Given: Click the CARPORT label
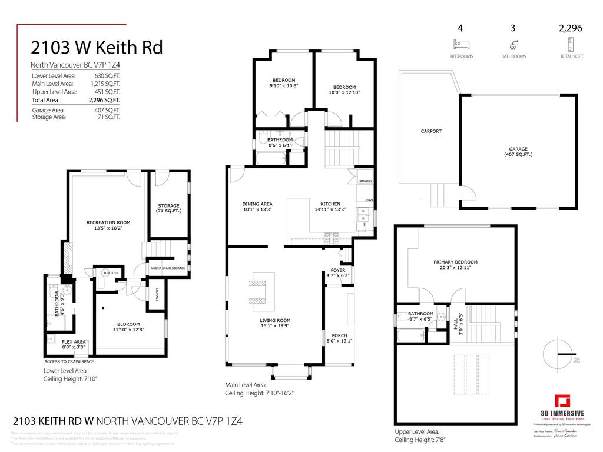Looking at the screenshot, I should click(x=431, y=131).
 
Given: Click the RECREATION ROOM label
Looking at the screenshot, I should click(x=108, y=222).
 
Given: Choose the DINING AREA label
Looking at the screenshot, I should click(x=257, y=204).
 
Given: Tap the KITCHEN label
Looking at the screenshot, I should click(x=330, y=204).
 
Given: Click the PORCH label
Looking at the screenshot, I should click(x=339, y=335).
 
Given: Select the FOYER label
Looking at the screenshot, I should click(x=338, y=270).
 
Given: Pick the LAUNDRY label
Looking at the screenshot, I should click(x=365, y=182).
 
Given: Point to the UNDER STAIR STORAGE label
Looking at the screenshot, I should click(x=168, y=268).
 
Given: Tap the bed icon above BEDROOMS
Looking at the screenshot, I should click(x=461, y=44).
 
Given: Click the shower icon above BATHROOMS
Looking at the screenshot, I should click(x=513, y=44).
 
